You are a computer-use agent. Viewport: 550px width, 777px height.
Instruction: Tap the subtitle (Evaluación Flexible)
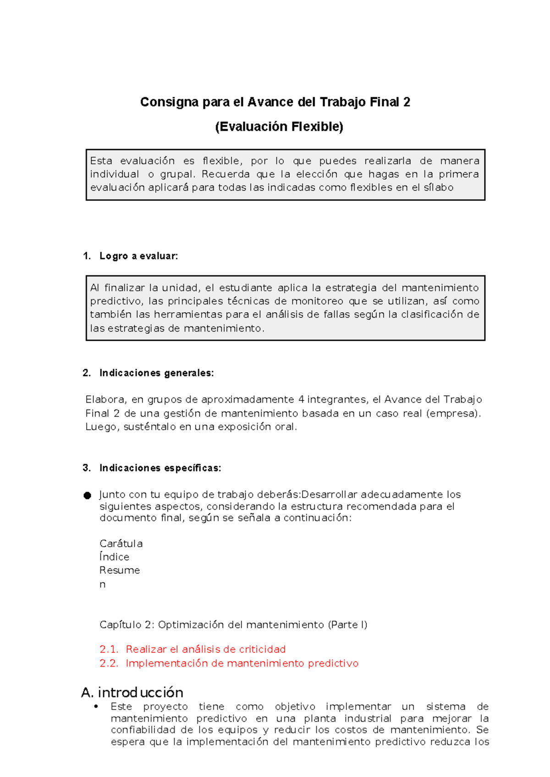tap(279, 127)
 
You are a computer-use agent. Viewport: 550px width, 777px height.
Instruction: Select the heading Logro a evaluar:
tap(138, 256)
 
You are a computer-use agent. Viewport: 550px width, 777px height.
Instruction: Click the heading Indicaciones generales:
tap(156, 373)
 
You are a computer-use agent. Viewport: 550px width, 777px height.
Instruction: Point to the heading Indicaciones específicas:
tap(160, 468)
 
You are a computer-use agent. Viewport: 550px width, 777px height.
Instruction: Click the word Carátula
tap(121, 544)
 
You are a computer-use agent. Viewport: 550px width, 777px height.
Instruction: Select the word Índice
tap(115, 557)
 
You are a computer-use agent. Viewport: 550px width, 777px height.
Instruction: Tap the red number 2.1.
tap(109, 649)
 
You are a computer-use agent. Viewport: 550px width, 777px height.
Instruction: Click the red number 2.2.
tap(109, 663)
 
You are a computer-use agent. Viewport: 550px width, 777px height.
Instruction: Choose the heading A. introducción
tap(132, 692)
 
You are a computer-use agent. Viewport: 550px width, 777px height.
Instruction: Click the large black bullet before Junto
tap(88, 495)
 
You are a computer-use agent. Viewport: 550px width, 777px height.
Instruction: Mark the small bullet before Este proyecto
tap(96, 706)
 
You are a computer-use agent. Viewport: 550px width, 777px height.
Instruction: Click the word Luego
tap(102, 427)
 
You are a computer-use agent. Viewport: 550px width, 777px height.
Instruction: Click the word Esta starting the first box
tap(101, 161)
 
